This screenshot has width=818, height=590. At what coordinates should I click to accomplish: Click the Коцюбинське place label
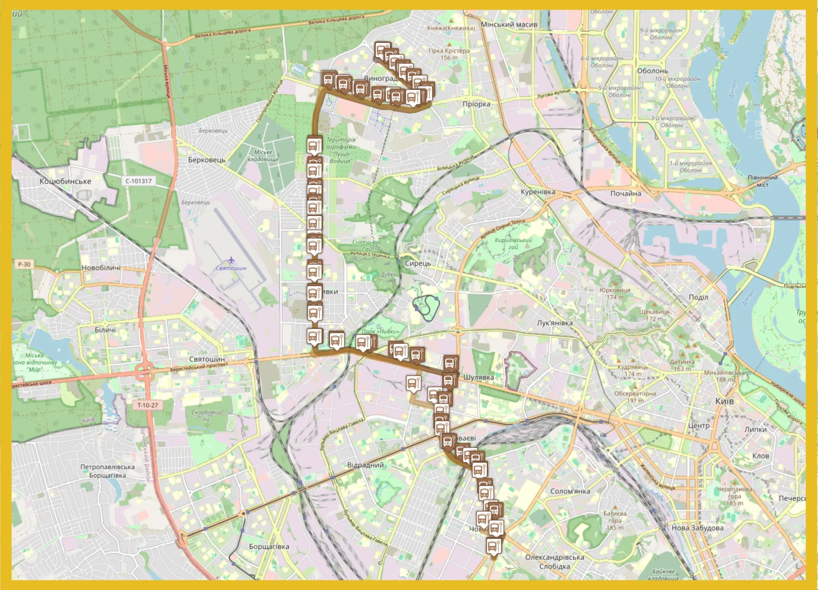[65, 181]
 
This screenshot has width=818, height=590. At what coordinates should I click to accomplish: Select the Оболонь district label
[652, 71]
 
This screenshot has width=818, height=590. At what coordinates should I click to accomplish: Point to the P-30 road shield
[24, 264]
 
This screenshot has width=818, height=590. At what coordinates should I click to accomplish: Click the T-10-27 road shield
[148, 405]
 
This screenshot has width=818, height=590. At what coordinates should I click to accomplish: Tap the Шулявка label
[479, 377]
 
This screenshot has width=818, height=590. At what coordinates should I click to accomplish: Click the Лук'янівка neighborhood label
[555, 323]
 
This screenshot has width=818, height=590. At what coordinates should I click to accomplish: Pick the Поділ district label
[698, 297]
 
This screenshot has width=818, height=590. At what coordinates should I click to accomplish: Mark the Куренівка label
[538, 192]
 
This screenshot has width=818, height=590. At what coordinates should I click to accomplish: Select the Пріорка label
[476, 104]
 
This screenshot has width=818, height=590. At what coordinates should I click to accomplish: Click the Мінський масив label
[509, 25]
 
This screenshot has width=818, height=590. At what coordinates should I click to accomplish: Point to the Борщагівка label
[269, 546]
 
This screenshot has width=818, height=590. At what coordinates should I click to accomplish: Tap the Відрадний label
[365, 465]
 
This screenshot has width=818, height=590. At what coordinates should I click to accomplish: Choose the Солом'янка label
[570, 491]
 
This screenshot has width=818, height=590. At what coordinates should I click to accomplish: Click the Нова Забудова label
[697, 528]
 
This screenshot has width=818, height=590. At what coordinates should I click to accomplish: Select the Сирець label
[418, 263]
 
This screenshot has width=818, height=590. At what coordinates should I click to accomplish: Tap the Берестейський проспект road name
[199, 367]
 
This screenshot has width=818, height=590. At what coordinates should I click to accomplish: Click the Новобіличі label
[101, 268]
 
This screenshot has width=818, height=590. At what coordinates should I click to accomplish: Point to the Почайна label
[626, 193]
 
